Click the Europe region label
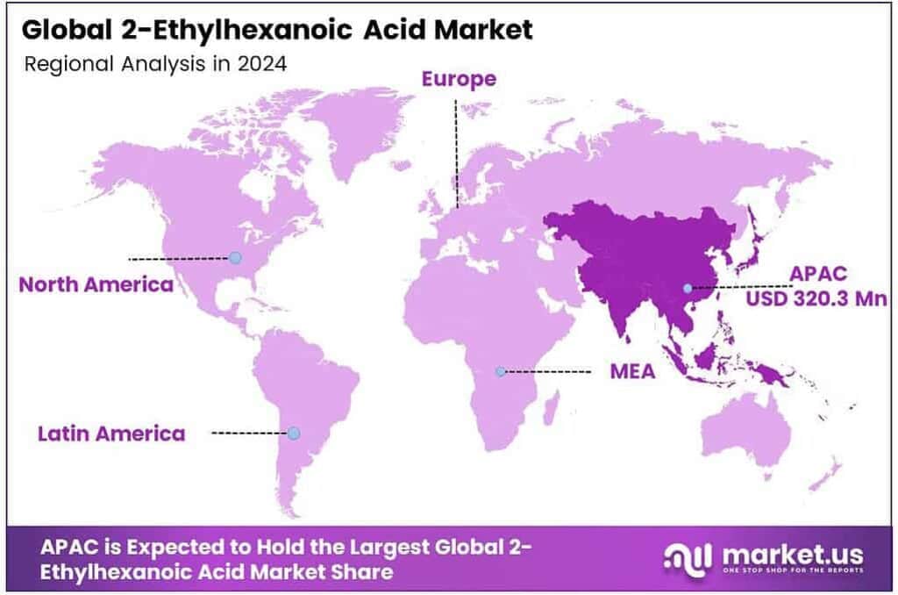459,79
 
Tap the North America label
96,284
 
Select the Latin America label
111,434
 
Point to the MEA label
632,371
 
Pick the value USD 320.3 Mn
816,298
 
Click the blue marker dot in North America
235,257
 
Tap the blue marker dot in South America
294,433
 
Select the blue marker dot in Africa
500,371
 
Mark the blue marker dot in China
688,288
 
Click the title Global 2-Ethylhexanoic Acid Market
276,30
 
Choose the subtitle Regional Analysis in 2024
155,64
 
